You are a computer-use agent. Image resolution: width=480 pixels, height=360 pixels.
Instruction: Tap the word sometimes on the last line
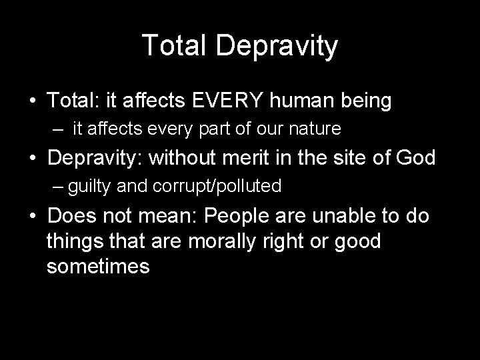(x=98, y=267)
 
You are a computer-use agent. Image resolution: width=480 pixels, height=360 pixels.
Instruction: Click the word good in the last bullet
(x=358, y=241)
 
